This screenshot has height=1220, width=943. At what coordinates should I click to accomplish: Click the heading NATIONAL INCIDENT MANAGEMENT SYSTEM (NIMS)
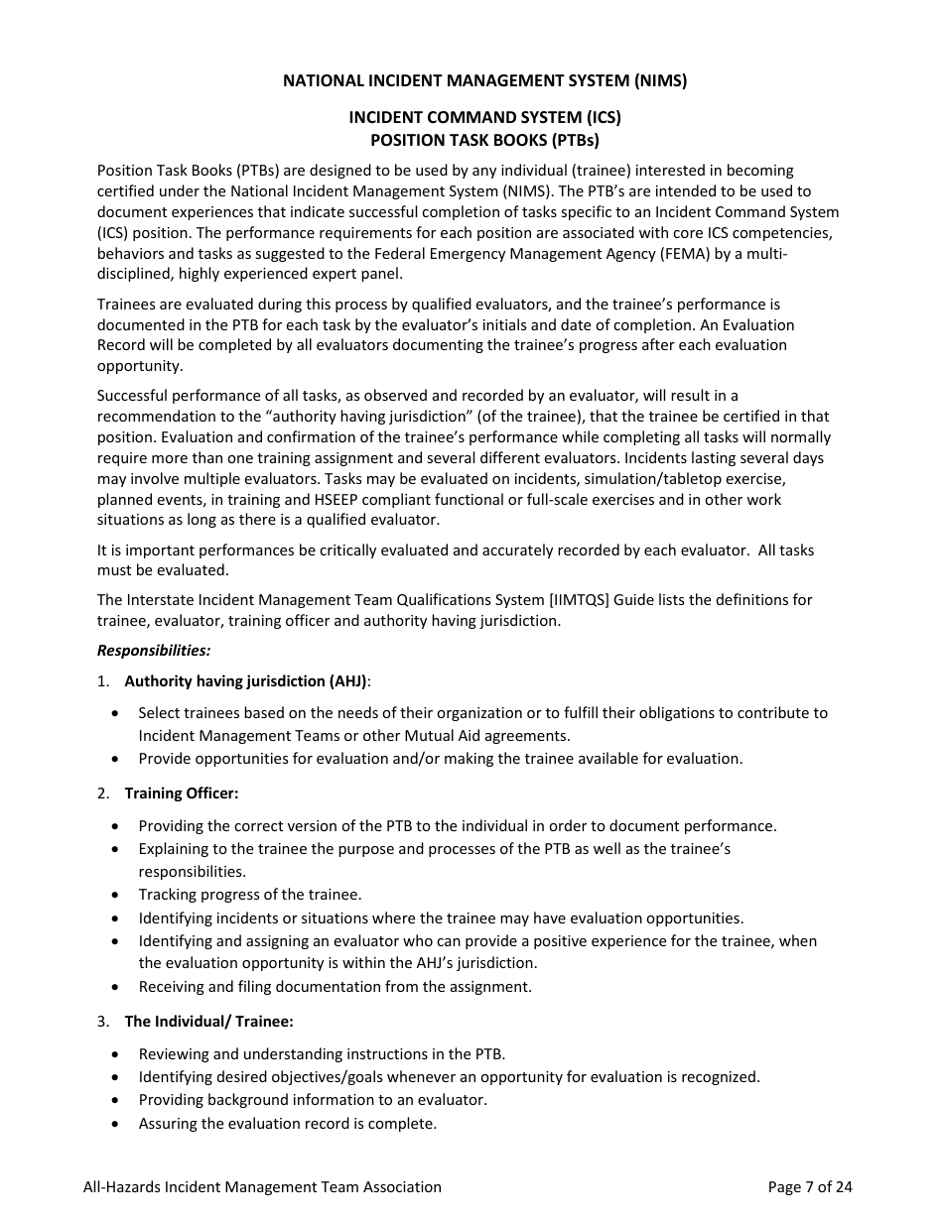(484, 80)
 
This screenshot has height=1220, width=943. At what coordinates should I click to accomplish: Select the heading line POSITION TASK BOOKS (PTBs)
(484, 140)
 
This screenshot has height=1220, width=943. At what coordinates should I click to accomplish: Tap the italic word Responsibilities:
(154, 651)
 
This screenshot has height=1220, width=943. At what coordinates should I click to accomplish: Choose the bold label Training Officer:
(182, 793)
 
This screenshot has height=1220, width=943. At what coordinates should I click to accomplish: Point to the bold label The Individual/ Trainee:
(208, 1022)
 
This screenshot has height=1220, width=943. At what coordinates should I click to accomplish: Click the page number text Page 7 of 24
(810, 1186)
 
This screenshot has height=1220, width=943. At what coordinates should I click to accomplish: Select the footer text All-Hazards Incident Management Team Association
(262, 1186)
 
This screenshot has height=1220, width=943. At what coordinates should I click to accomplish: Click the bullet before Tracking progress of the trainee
(118, 895)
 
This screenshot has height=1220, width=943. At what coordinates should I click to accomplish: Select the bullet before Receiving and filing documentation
(118, 987)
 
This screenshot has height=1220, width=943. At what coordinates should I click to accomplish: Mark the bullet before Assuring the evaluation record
(118, 1124)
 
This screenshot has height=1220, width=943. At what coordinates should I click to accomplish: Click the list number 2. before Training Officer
(103, 793)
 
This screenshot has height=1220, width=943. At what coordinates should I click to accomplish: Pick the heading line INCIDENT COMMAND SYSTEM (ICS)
(484, 117)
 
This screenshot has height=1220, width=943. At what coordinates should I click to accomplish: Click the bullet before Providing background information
(118, 1100)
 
